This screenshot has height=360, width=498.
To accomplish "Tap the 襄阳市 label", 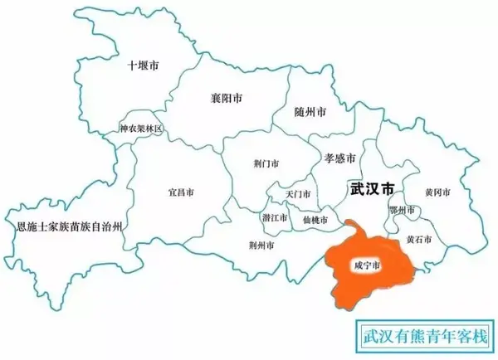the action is click(x=227, y=98).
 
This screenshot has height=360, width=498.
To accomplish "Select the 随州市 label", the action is click(x=310, y=111).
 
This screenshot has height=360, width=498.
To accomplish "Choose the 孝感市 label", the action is click(x=339, y=158).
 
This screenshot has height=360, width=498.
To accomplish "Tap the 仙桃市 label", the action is click(x=315, y=220).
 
